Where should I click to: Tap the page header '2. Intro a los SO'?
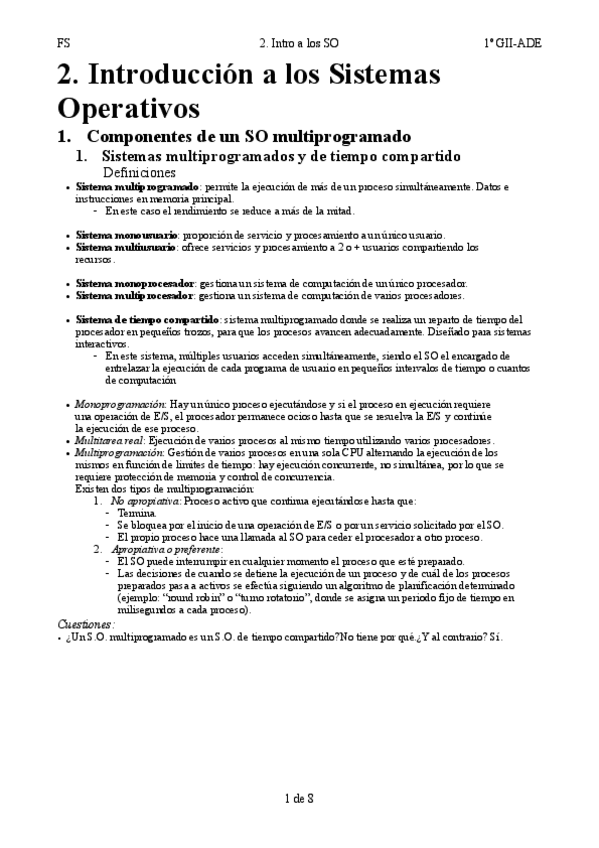pyautogui.click(x=298, y=43)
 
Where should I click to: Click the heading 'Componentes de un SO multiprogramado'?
pyautogui.click(x=249, y=136)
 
